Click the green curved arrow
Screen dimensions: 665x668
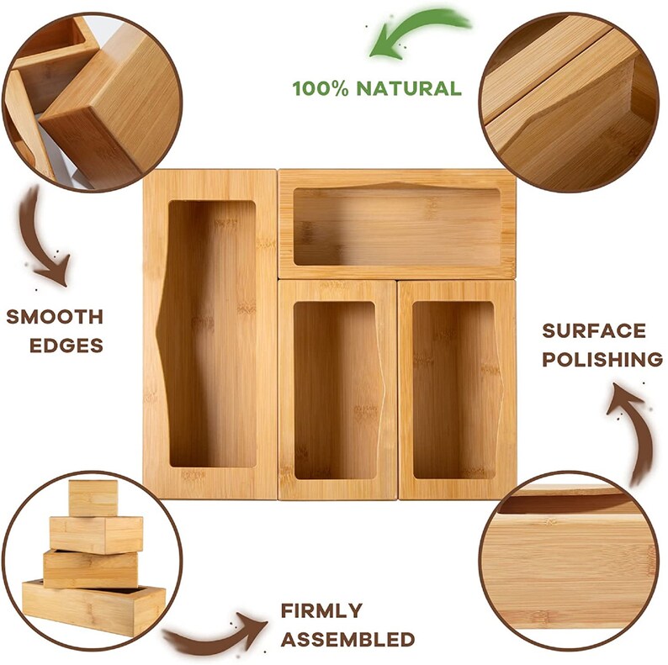tap(414, 32)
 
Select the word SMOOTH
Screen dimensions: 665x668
tap(55, 317)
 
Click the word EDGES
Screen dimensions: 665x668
tap(55, 345)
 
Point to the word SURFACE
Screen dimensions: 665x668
tap(593, 330)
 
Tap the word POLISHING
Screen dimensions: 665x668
tap(602, 360)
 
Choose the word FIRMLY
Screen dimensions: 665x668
tap(322, 610)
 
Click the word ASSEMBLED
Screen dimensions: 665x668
tap(347, 639)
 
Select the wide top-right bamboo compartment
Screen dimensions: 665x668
tap(396, 223)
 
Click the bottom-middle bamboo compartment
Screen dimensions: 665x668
tap(337, 389)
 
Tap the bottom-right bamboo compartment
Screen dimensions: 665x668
tap(456, 389)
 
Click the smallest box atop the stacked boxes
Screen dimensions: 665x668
tap(93, 498)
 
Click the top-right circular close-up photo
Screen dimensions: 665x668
tap(569, 101)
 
